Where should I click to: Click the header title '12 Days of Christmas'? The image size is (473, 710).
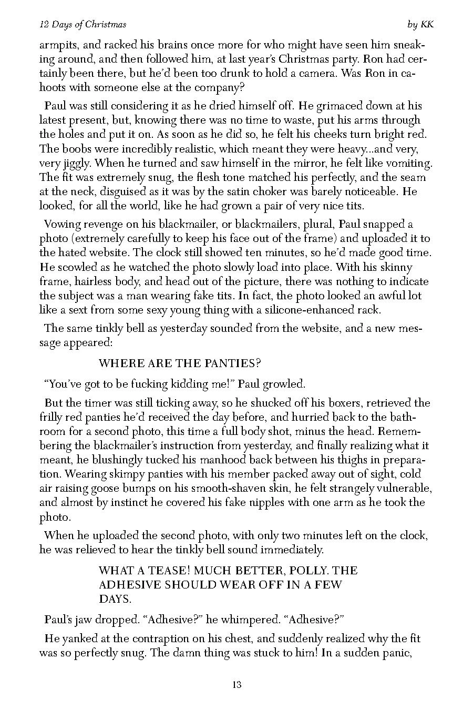click(x=83, y=25)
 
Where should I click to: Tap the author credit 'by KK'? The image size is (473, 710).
click(x=420, y=25)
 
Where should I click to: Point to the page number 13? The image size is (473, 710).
click(x=236, y=685)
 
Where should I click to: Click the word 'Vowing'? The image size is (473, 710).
click(x=62, y=225)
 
